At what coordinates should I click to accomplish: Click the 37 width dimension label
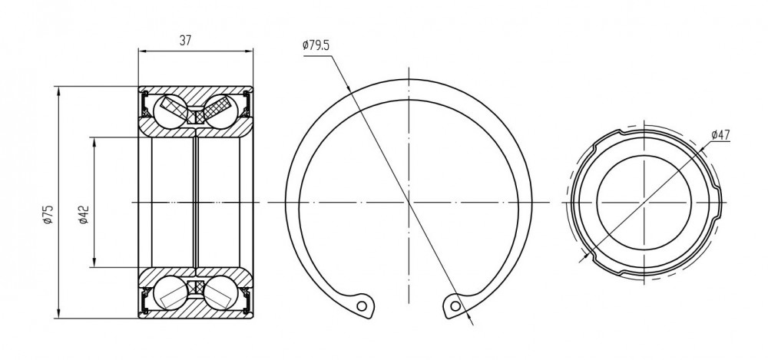(184, 41)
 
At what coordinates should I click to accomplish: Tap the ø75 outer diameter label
(48, 215)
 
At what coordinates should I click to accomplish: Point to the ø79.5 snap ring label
(316, 45)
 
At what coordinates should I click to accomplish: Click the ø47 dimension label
(720, 134)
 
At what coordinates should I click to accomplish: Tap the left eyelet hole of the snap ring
(362, 306)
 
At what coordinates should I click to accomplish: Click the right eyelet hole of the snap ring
(455, 306)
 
